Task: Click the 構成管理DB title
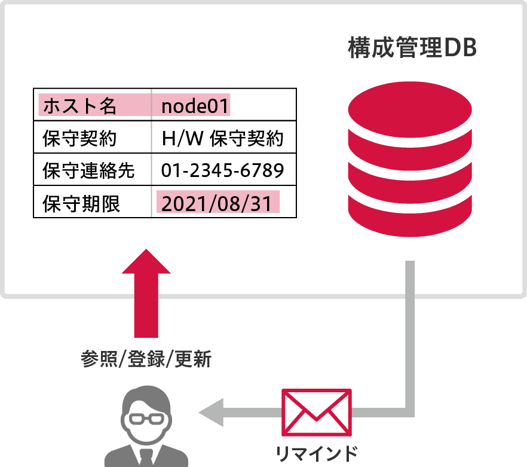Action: pos(412,49)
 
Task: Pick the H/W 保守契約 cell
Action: pos(222,139)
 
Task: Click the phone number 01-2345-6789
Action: pos(222,171)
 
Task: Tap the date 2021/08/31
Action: pos(217,203)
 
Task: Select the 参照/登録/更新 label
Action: pos(146,360)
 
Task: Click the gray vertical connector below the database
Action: pos(410,329)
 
